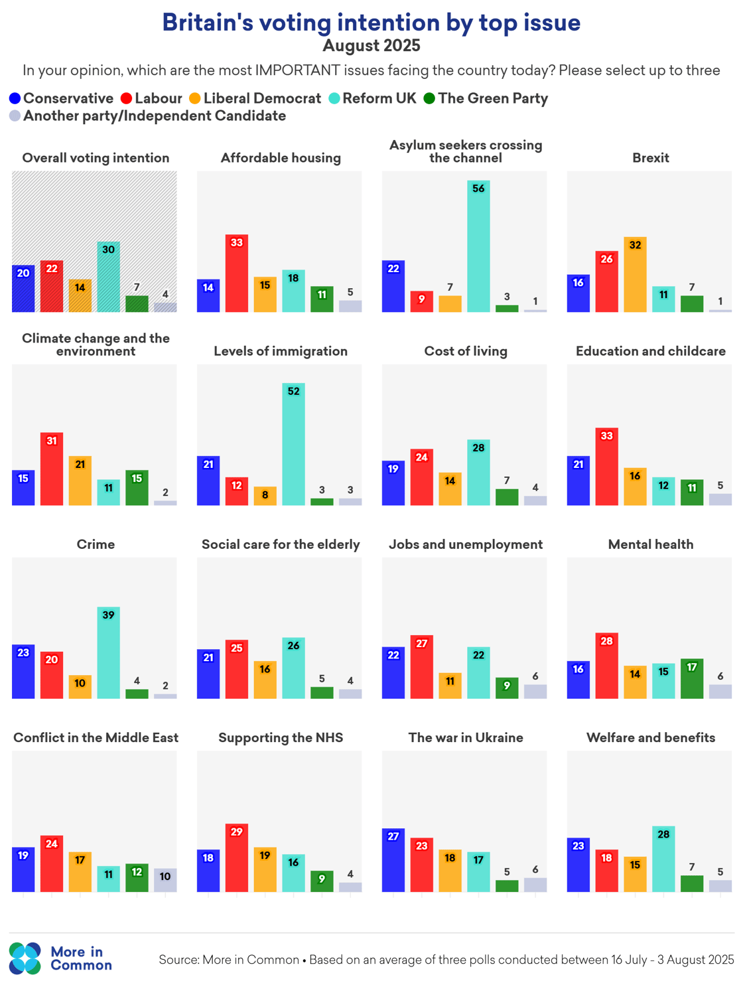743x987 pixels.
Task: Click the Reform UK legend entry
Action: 373,99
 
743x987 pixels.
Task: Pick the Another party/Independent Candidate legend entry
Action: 148,116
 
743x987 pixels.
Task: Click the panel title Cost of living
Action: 466,351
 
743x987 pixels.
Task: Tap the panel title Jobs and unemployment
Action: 466,544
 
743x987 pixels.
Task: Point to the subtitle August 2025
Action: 371,46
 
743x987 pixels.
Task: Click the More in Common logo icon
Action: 25,958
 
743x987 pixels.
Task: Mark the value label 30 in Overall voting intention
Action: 109,250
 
